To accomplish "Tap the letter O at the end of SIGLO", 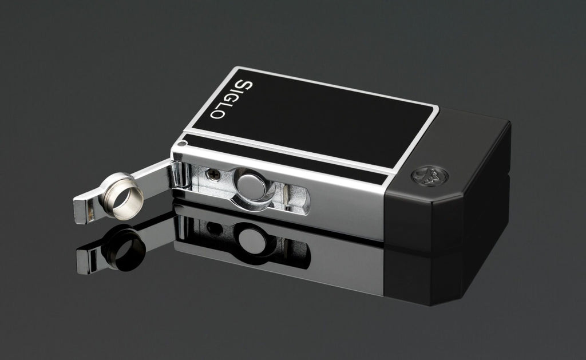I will pyautogui.click(x=217, y=114).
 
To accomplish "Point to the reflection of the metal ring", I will pyautogui.click(x=123, y=247).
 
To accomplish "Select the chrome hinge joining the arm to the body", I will pyautogui.click(x=181, y=175).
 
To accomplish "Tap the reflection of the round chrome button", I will pyautogui.click(x=251, y=239).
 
